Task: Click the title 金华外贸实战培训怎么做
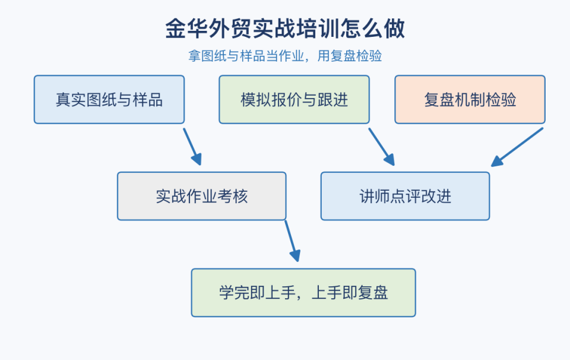coord(285,29)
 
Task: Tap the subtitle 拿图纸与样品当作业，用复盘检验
coord(285,56)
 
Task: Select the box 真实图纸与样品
coord(109,100)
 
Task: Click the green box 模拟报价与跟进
coord(294,100)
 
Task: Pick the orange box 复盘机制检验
coord(470,100)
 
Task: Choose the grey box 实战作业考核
coord(202,197)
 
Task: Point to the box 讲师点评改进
coord(406,197)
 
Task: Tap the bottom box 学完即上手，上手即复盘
coord(303,293)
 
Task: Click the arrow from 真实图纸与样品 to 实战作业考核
coord(192,147)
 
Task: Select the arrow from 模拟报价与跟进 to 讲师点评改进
coord(382,147)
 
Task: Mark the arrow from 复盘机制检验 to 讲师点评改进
coord(517,147)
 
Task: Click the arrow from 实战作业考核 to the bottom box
coord(293,241)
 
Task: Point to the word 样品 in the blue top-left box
coord(148,100)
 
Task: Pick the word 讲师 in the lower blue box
coord(375,197)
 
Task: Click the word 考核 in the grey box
coord(232,197)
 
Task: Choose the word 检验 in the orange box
coord(501,100)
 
